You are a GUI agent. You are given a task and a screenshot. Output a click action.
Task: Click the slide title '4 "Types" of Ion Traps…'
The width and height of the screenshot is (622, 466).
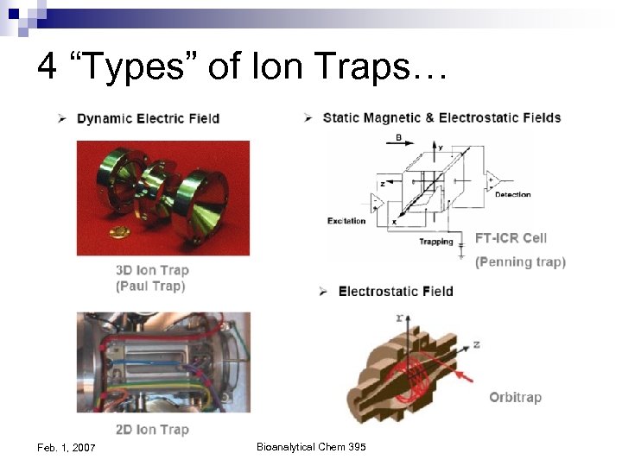[243, 66]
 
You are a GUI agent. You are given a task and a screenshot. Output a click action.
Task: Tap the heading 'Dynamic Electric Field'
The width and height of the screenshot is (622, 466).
[148, 118]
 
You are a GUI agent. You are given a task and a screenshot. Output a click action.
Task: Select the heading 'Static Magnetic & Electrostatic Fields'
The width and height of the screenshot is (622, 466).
[441, 117]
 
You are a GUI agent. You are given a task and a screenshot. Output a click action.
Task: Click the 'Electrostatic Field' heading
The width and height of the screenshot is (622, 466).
[395, 291]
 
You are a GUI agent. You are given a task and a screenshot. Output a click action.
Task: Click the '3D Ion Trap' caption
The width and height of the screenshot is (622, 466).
[152, 270]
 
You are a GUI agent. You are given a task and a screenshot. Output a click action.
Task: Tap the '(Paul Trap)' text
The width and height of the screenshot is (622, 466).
[150, 286]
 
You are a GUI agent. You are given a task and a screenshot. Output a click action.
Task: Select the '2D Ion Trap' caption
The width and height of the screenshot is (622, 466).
[152, 429]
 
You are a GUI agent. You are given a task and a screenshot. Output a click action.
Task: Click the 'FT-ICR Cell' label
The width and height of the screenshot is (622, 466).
[511, 237]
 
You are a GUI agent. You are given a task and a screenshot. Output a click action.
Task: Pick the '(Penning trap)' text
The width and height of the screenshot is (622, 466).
[520, 261]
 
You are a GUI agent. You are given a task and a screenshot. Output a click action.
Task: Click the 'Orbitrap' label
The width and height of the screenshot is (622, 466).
[515, 397]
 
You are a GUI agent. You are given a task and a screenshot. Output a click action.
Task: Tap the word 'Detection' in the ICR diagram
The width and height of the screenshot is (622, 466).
[512, 195]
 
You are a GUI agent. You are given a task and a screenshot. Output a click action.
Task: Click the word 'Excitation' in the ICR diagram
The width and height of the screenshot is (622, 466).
[346, 221]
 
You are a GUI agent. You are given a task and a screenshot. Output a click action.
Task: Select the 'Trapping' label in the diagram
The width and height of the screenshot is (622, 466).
[436, 242]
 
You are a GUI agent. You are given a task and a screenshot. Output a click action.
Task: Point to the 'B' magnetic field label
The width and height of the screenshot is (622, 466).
[397, 136]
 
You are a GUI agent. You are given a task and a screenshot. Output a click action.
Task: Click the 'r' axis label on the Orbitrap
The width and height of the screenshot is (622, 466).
[398, 318]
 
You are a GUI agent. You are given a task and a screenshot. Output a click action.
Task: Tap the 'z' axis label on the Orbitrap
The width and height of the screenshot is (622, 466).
[476, 343]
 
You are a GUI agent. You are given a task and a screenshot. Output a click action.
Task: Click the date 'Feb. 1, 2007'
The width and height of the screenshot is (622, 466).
[67, 446]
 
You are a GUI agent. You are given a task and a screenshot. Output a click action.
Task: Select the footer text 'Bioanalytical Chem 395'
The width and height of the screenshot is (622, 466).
[311, 445]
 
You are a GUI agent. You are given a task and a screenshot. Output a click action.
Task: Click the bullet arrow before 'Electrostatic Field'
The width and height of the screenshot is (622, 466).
[323, 291]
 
